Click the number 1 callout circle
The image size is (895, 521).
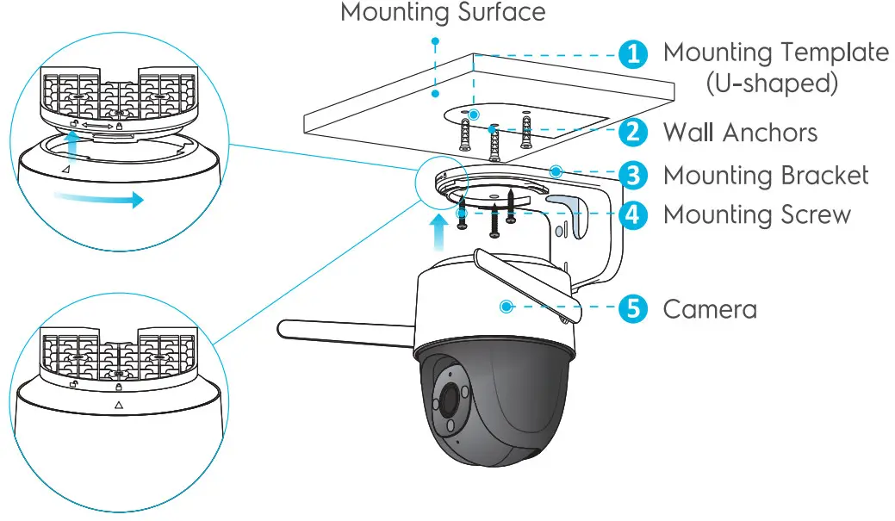(633, 54)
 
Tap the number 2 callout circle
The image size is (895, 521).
(633, 132)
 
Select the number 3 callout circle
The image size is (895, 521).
(633, 176)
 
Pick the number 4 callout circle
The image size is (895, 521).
(633, 214)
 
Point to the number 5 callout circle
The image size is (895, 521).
(633, 308)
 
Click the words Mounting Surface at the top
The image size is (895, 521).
(443, 13)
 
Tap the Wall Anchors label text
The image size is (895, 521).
(740, 133)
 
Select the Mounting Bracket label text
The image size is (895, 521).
(766, 176)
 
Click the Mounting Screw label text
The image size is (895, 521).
(756, 214)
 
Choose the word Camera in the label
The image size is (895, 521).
(710, 308)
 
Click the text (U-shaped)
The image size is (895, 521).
(771, 84)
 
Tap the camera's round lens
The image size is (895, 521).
(448, 399)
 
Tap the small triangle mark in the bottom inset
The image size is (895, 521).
(118, 403)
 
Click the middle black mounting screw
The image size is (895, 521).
(494, 220)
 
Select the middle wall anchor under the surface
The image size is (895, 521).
(494, 143)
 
